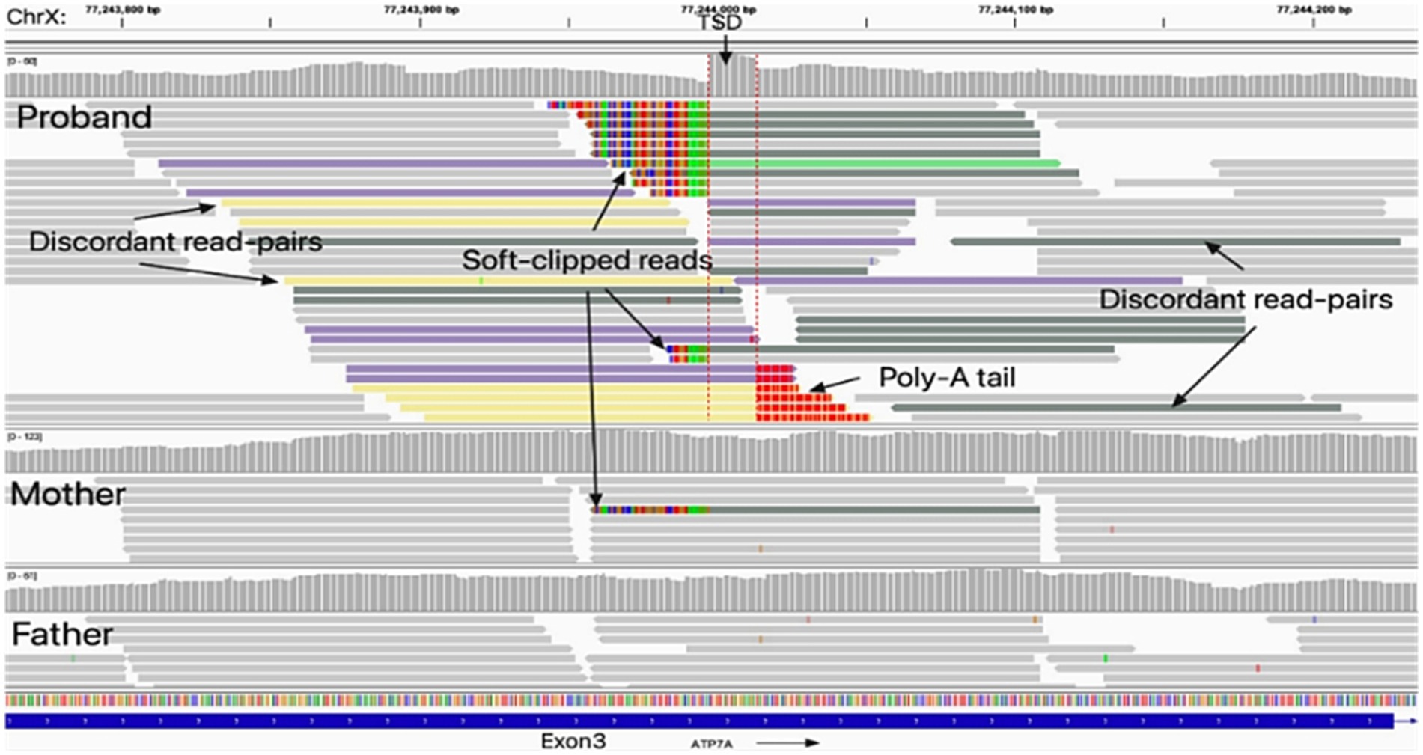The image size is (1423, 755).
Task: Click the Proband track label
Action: (x=84, y=117)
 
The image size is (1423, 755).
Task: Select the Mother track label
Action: (x=67, y=495)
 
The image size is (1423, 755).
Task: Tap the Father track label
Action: (x=62, y=635)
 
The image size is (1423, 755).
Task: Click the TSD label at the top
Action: (x=719, y=23)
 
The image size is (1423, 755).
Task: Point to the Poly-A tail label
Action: (x=946, y=378)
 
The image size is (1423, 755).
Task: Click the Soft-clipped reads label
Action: (x=586, y=260)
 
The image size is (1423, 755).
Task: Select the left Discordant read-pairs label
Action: (x=175, y=242)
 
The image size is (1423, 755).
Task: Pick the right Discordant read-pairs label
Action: (x=1245, y=299)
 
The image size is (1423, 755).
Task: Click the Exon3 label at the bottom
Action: (x=573, y=742)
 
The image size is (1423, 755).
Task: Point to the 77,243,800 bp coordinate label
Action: (x=122, y=10)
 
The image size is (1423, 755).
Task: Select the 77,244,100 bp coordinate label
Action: (x=1015, y=10)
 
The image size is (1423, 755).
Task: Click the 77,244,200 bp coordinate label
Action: (x=1313, y=10)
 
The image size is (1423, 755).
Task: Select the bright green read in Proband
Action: (x=883, y=163)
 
